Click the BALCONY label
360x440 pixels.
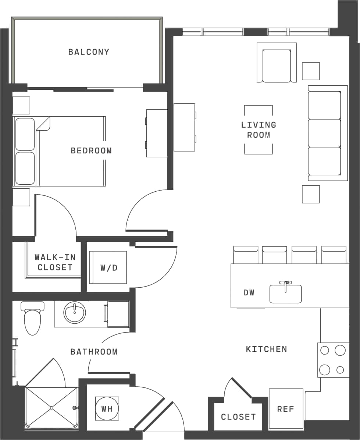[x=89, y=52]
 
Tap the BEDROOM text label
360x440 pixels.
[x=91, y=150]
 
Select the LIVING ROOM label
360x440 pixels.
[x=259, y=130]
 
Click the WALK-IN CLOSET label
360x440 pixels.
[x=55, y=262]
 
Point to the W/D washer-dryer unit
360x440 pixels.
[x=108, y=267]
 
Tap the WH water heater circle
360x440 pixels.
[x=107, y=408]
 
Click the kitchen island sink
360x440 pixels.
[x=285, y=294]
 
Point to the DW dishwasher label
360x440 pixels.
[x=249, y=293]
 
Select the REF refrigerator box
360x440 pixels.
[x=286, y=409]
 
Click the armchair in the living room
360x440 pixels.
[x=277, y=65]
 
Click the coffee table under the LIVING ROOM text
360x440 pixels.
[x=259, y=129]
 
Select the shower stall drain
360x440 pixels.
[x=51, y=408]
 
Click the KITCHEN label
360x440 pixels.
[x=266, y=349]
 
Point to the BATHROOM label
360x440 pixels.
[x=94, y=352]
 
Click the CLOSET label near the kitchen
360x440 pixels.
[x=238, y=417]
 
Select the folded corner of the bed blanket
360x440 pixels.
[x=44, y=124]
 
